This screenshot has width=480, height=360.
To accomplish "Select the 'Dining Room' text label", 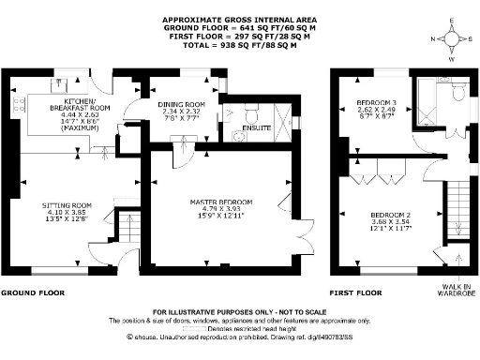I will [184, 105].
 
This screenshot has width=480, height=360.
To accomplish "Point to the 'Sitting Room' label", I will [67, 204].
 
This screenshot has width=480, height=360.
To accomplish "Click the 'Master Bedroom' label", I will [217, 202].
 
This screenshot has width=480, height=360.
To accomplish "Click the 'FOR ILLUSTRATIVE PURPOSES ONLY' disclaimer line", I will [239, 311].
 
